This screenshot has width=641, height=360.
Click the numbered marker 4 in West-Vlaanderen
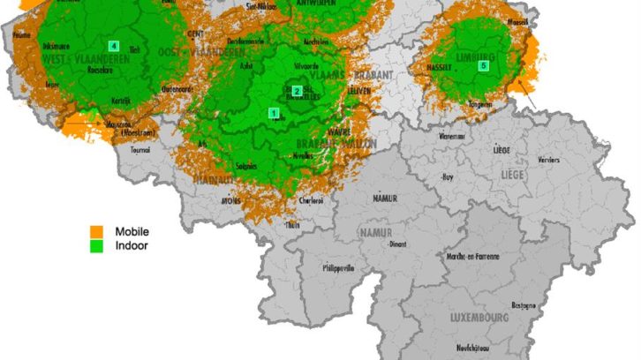[x=113, y=45]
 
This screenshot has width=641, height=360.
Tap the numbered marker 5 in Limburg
[x=483, y=65]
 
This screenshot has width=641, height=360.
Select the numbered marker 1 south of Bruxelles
[x=274, y=113]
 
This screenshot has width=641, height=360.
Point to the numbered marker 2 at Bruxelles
[x=298, y=91]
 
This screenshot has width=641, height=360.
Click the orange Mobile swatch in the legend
[x=95, y=231]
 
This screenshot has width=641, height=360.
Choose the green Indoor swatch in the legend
[x=95, y=245]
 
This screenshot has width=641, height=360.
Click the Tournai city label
[x=140, y=149]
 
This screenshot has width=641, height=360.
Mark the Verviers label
[x=548, y=161]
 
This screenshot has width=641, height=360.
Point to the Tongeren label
[x=481, y=102]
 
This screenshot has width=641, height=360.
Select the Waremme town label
[x=451, y=137]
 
